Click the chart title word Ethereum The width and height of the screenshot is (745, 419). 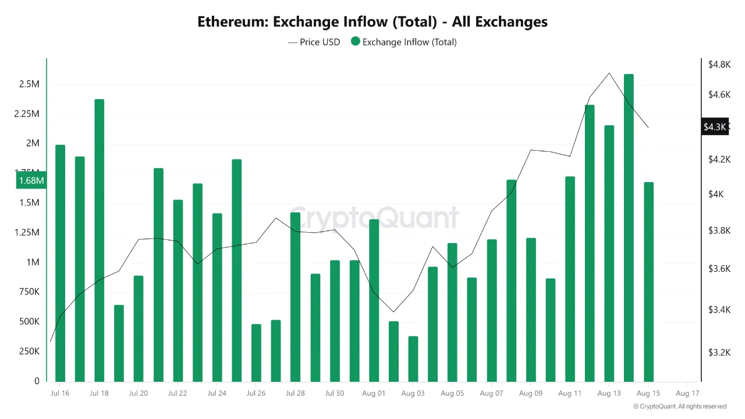point(232,22)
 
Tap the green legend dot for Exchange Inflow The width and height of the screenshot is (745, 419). point(356,42)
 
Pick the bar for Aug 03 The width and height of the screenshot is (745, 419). point(413,358)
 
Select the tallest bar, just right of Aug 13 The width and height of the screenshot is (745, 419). point(629,227)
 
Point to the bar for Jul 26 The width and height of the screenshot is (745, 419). point(256,352)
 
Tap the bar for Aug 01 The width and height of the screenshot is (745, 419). point(374,300)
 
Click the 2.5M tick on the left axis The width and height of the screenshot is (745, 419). point(29,84)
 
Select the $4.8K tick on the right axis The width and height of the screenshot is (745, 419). point(719,65)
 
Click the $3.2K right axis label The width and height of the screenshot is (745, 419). point(719,352)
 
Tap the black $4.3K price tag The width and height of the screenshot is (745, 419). point(715,127)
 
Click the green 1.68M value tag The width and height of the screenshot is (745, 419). point(31,180)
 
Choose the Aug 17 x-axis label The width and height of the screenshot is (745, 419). point(687,393)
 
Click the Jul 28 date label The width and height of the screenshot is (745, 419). point(295,393)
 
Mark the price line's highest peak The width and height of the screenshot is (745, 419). point(609,73)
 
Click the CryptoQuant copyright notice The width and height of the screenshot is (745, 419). point(680,407)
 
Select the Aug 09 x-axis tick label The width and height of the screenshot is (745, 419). point(530,393)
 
